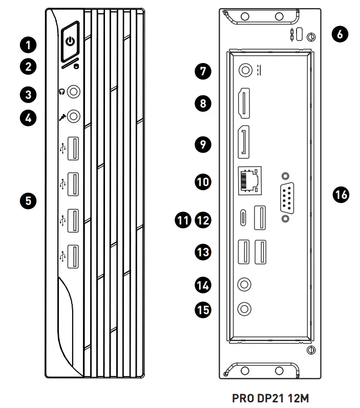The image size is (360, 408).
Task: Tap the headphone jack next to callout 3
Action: tap(74, 92)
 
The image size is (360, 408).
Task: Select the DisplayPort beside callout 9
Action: tap(244, 140)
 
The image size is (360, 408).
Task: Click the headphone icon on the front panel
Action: tap(61, 92)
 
